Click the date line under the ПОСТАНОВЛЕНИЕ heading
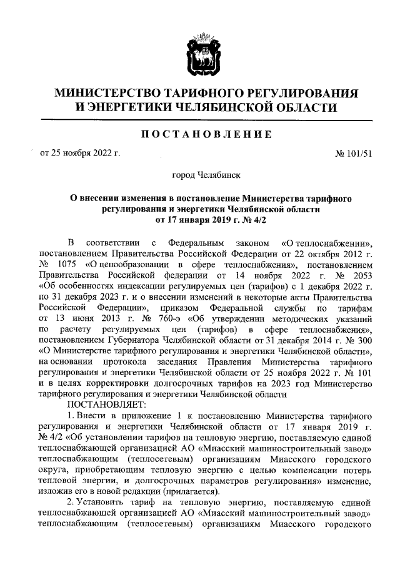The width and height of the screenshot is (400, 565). point(80,152)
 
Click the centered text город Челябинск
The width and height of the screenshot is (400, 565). point(206,177)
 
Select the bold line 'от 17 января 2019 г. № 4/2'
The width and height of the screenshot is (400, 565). point(206,219)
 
